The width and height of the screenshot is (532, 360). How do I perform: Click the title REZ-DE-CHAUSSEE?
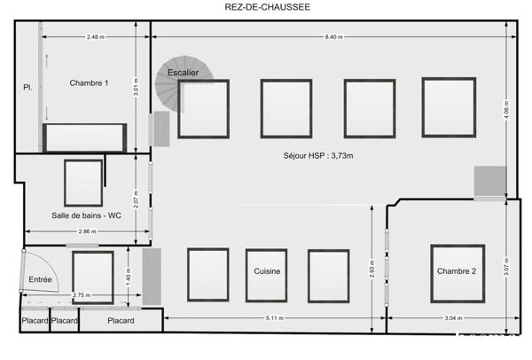pos(265,8)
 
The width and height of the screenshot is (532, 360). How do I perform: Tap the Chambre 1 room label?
pos(89,83)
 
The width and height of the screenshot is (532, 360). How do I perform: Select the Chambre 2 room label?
pos(456,271)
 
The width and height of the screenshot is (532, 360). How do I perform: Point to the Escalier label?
pos(183,73)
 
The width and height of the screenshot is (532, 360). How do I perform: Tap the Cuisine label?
pos(268,271)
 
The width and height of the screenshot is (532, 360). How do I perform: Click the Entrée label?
pos(41,279)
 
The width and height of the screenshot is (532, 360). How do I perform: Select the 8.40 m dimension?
pos(332,36)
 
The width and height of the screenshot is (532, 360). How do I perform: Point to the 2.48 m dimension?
pos(96,36)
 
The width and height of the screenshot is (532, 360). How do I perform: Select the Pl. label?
pos(27,87)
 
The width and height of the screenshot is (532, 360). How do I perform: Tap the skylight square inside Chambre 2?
pos(457,270)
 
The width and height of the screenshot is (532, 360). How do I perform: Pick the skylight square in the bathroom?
pos(83,183)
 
